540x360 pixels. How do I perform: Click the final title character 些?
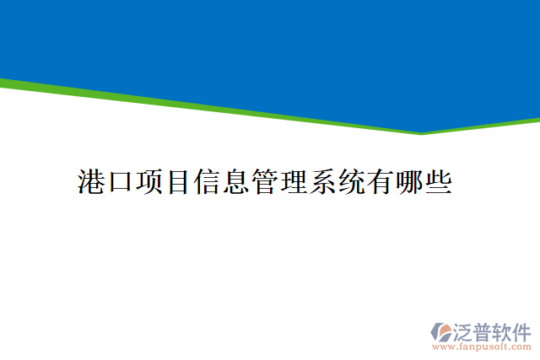437,181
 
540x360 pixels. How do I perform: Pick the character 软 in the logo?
504,330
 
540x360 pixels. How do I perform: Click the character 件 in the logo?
523,330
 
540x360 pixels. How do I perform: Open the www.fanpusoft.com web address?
482,347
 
